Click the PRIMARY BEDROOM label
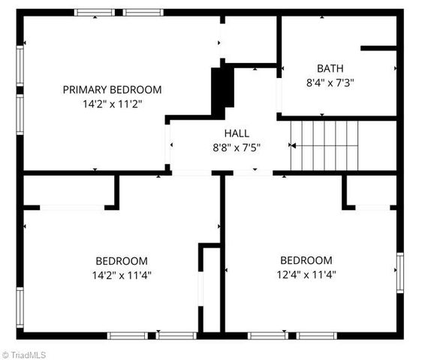click(112, 90)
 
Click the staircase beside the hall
click(324, 145)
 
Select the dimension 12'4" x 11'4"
click(306, 274)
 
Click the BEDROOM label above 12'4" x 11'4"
click(306, 260)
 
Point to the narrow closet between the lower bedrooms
click(211, 289)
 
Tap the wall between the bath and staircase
click(338, 117)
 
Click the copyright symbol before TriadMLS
click(5, 353)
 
